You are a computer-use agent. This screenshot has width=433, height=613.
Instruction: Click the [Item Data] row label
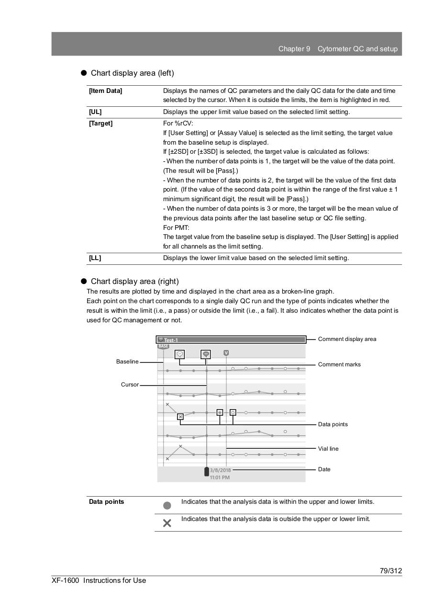[105, 91]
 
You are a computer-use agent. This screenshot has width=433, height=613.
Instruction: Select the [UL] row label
[95, 112]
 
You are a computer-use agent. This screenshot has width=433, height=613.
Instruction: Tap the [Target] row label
[100, 123]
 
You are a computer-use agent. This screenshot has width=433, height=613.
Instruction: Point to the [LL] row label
[95, 258]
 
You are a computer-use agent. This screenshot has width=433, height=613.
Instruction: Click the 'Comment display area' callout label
[347, 339]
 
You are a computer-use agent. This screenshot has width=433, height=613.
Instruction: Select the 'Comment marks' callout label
[339, 364]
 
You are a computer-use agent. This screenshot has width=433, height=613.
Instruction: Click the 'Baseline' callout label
[127, 362]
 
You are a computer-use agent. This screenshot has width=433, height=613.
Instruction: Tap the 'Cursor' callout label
[130, 385]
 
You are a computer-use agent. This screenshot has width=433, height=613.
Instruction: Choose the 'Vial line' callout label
[328, 449]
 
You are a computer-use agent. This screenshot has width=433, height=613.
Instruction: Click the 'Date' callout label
[324, 469]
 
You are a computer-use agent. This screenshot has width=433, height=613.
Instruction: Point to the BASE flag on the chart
[163, 346]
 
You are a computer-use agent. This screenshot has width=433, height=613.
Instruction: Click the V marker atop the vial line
[226, 353]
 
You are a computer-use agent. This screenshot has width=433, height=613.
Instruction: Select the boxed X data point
[180, 417]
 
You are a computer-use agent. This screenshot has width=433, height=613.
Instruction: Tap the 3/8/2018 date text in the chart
[220, 470]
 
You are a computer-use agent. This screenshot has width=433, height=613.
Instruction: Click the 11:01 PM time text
[220, 477]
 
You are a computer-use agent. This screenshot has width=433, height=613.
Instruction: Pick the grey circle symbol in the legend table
[167, 505]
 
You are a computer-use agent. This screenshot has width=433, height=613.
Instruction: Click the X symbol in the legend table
[167, 523]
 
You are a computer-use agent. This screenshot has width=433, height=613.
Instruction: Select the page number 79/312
[391, 571]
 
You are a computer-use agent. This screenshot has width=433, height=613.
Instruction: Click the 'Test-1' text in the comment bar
[171, 340]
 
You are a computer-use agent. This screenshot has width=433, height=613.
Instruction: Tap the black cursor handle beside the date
[207, 472]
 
